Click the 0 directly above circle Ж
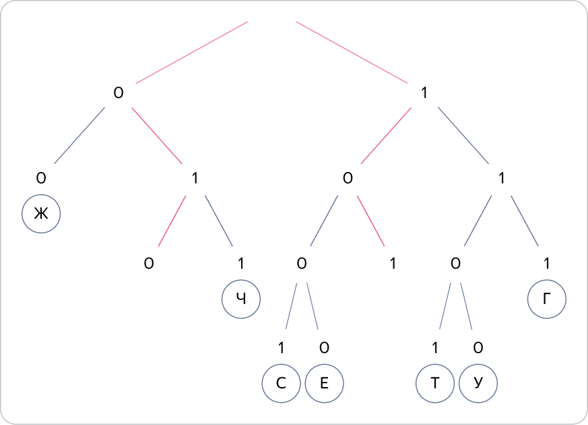[41, 178]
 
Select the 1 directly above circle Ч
[241, 263]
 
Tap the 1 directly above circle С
[281, 348]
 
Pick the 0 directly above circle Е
[324, 348]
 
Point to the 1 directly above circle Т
[435, 348]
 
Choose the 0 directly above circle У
[478, 348]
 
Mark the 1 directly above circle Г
[547, 263]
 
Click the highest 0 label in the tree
[118, 93]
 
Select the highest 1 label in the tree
[424, 93]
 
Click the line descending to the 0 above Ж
[80, 135]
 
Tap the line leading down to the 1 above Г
[525, 221]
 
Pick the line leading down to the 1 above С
[291, 306]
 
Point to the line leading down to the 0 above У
[466, 306]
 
